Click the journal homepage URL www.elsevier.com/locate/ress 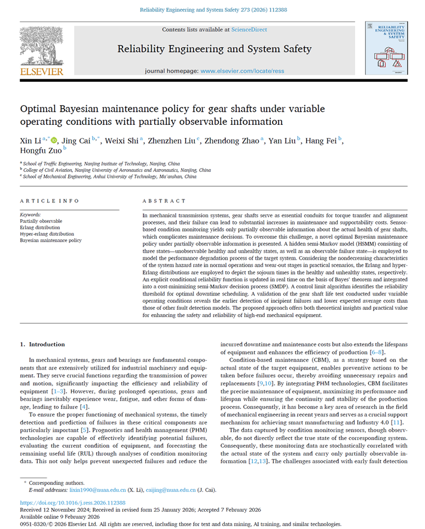(x=242, y=71)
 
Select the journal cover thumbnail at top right (x=386, y=48)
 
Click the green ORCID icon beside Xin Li (x=54, y=141)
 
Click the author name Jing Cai (x=77, y=141)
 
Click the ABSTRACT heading (x=164, y=201)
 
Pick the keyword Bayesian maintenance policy (x=51, y=240)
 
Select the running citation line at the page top (x=212, y=10)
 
